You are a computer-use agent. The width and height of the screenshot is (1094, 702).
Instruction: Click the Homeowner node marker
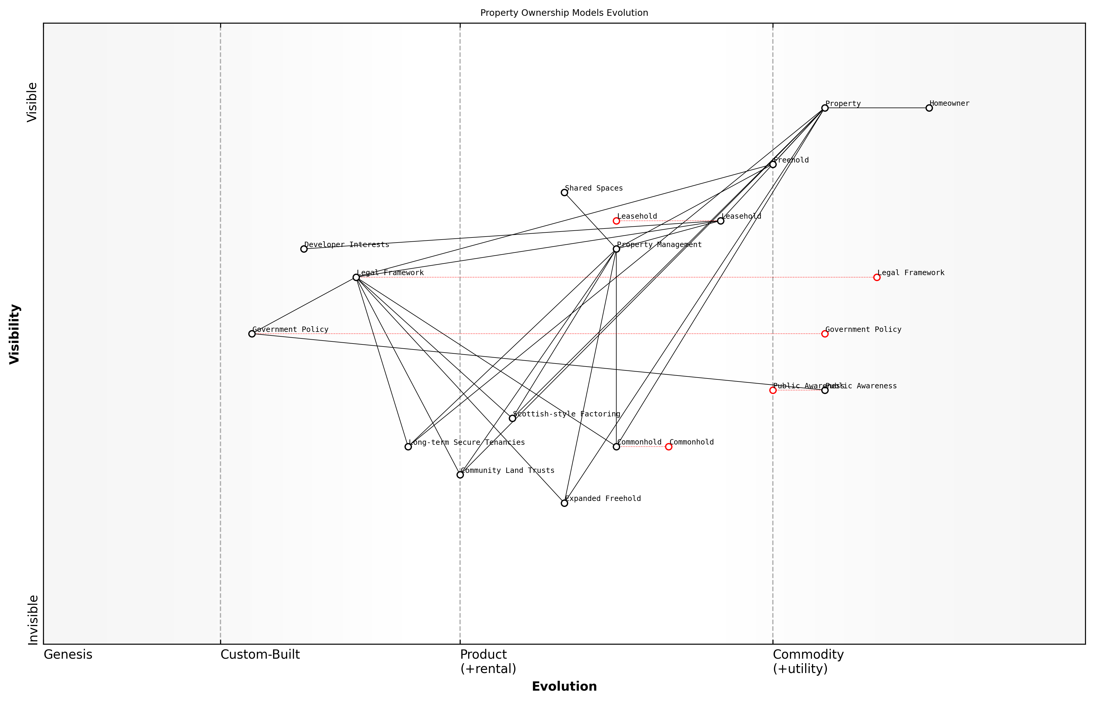coord(928,108)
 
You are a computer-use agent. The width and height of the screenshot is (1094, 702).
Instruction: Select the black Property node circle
coord(825,108)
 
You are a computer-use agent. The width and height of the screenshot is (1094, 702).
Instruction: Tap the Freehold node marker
coord(773,165)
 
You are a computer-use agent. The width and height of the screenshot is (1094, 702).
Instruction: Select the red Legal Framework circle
coord(877,277)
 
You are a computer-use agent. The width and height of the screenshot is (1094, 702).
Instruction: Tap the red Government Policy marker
coord(825,334)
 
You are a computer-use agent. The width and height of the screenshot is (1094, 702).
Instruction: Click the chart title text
coord(564,13)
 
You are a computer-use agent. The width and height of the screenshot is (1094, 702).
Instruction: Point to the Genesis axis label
coord(68,655)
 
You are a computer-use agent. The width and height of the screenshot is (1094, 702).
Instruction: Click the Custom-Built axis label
coord(260,655)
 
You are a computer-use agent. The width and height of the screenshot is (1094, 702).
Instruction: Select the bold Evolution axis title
coord(564,686)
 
